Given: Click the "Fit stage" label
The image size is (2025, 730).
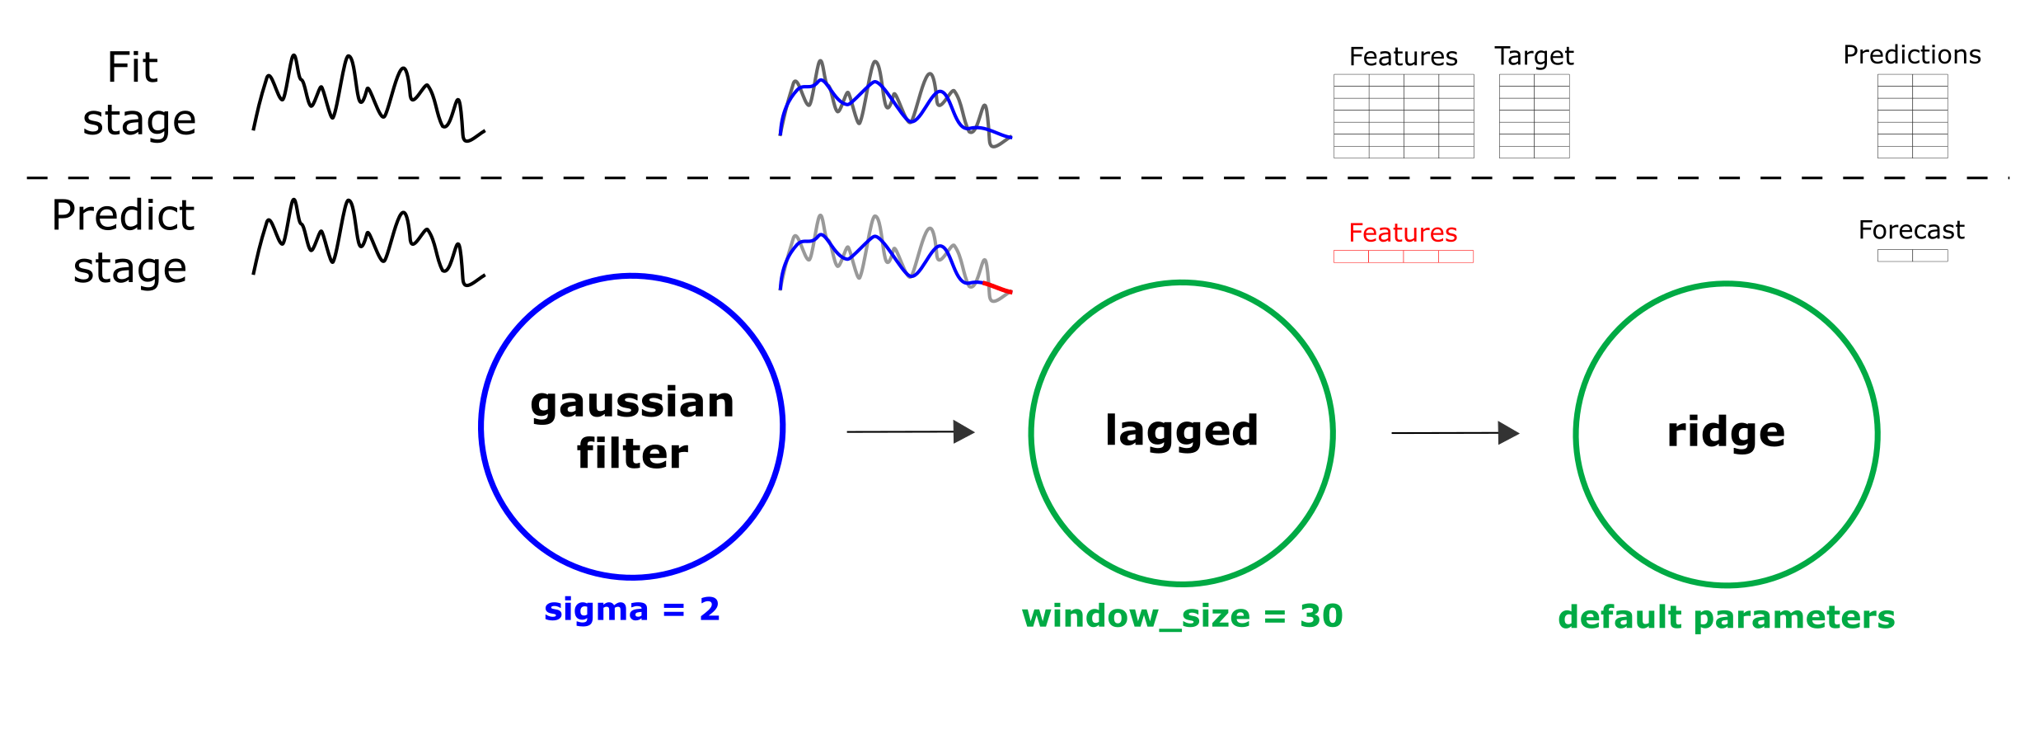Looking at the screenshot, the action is (x=139, y=93).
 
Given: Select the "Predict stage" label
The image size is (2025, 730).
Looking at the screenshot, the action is (x=123, y=242).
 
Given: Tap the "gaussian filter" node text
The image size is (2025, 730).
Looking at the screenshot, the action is (x=632, y=428).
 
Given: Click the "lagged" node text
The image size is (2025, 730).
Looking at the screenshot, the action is (x=1182, y=431).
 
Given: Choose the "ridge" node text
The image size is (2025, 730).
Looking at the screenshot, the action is (x=1726, y=431).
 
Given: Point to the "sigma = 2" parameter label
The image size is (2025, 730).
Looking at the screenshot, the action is (x=632, y=609).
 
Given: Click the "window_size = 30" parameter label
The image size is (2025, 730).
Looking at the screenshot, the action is (x=1183, y=615).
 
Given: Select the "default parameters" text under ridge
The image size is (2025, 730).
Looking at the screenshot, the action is (x=1727, y=617).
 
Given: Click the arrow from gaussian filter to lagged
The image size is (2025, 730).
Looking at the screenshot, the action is (x=911, y=431).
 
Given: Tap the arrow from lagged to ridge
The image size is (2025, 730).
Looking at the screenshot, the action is (x=1455, y=432).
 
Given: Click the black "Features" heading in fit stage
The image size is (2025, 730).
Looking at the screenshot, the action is (x=1404, y=56).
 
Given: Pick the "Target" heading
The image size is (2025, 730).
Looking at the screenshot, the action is (x=1534, y=56).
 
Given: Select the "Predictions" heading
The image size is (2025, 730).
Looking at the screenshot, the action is (x=1912, y=54).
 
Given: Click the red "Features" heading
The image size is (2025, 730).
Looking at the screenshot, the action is (x=1403, y=233).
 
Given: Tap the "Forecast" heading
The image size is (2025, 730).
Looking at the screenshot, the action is (x=1911, y=229).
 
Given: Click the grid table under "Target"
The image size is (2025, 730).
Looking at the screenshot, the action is (x=1534, y=116).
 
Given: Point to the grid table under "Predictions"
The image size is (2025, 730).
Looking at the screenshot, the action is (x=1912, y=116).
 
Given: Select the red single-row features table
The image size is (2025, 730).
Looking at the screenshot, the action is (x=1403, y=257).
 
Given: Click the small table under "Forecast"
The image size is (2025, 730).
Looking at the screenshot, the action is (x=1912, y=256).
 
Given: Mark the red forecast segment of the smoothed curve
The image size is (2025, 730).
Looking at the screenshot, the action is (x=997, y=288).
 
